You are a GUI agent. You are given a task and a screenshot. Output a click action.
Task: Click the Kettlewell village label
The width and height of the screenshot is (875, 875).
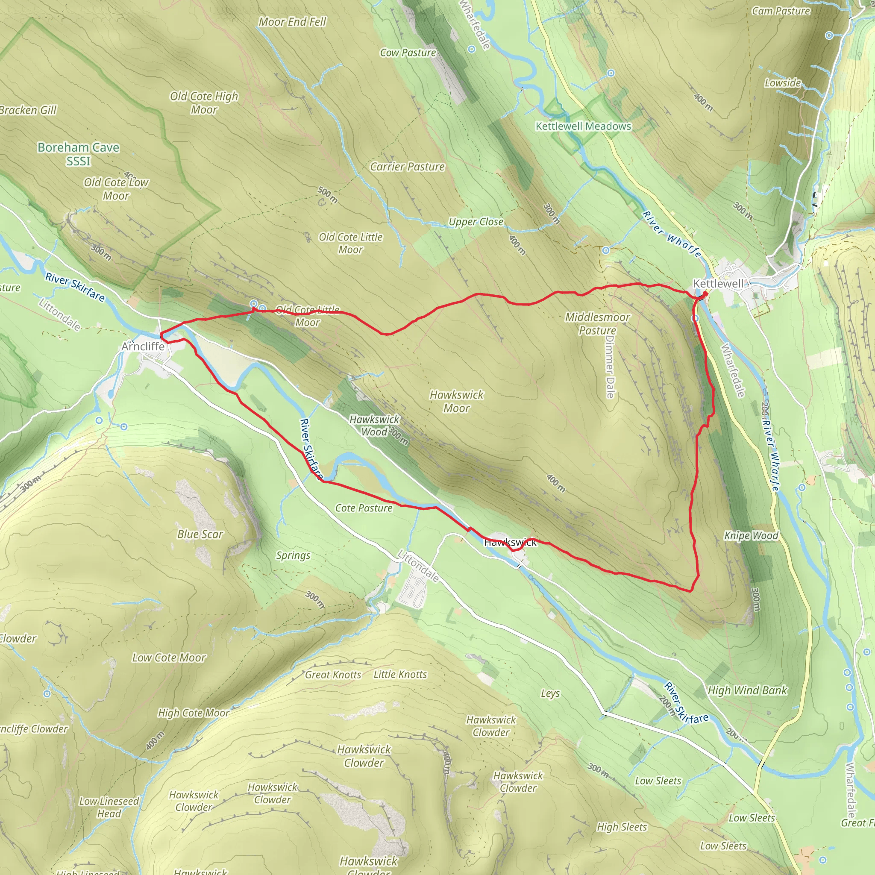click(718, 284)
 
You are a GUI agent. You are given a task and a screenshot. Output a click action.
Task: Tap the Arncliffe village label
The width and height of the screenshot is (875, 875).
click(143, 346)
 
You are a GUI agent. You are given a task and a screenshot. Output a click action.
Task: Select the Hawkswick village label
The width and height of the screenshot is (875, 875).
click(510, 542)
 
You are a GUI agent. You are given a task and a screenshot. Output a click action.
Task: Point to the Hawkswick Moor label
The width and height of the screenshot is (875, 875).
click(457, 401)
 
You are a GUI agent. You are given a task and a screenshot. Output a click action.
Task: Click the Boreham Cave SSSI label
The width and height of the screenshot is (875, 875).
click(78, 154)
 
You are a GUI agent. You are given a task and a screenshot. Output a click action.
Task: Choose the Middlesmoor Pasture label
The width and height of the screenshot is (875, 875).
click(597, 323)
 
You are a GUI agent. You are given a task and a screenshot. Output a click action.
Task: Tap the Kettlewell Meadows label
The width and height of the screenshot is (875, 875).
click(583, 126)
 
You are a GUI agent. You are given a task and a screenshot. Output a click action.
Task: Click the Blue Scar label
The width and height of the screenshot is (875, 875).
click(200, 534)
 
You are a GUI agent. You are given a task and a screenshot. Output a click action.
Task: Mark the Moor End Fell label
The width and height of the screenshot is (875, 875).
click(292, 22)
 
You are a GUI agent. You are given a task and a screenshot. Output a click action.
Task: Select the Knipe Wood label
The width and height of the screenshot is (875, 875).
click(751, 536)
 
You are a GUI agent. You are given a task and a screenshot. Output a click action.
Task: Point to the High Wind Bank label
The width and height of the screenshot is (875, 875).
click(747, 690)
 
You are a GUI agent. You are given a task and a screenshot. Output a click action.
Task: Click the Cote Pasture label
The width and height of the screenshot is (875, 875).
click(364, 508)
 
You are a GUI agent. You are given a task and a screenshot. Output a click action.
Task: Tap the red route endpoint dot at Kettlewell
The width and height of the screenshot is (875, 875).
click(705, 294)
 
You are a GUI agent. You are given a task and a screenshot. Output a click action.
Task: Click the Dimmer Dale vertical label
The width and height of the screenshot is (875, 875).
click(610, 367)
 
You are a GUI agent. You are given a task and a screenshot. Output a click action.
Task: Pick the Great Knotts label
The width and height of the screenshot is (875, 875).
click(333, 675)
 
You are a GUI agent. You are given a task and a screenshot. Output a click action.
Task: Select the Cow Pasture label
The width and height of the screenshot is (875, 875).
click(408, 53)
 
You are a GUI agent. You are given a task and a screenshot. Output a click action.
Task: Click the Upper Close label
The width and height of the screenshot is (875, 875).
click(476, 221)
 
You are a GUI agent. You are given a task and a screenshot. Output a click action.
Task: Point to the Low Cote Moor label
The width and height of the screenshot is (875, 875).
click(169, 658)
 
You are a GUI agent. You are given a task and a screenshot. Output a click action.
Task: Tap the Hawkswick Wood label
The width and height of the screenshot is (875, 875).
click(374, 425)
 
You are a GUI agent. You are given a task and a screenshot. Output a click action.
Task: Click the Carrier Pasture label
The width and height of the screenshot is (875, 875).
click(407, 167)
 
